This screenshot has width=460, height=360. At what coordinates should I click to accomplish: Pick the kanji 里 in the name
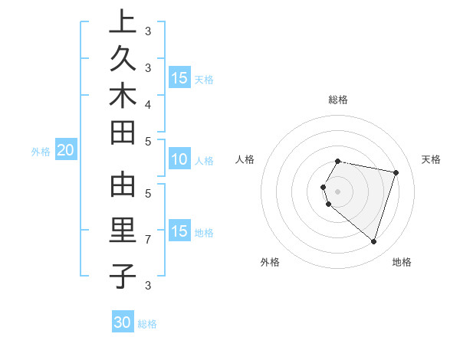click(x=123, y=231)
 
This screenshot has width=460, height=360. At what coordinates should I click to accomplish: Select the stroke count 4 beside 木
click(x=148, y=103)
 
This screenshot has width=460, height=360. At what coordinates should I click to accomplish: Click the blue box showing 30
click(x=123, y=322)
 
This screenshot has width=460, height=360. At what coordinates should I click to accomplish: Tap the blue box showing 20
click(x=65, y=151)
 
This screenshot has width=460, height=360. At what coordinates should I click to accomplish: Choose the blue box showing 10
click(x=179, y=160)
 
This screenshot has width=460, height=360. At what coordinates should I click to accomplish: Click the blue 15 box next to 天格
click(x=179, y=78)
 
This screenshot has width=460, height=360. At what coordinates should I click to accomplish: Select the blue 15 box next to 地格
click(x=179, y=231)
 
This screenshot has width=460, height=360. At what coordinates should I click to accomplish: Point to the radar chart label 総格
click(x=338, y=100)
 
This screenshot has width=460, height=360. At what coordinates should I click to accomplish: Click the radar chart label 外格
click(x=270, y=262)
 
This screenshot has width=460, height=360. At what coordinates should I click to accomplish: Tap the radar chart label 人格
click(x=245, y=159)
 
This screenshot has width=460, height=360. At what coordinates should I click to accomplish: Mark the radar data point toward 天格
click(x=396, y=173)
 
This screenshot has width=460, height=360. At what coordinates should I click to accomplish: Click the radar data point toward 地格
click(x=373, y=242)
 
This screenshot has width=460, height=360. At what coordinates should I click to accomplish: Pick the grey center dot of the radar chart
click(x=338, y=191)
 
